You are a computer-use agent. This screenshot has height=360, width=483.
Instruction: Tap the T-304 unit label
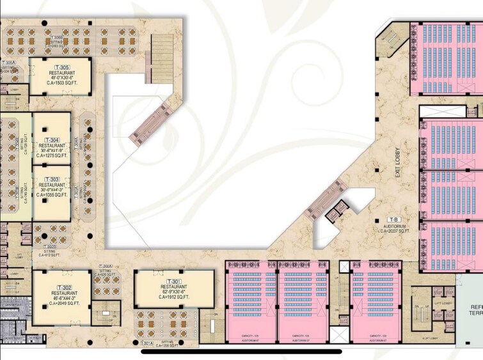(x=52, y=139)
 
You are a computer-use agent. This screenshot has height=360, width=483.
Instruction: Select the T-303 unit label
(x=52, y=179)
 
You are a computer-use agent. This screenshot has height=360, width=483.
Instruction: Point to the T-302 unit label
(x=63, y=287)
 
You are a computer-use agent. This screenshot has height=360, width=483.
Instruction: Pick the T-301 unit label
(x=174, y=282)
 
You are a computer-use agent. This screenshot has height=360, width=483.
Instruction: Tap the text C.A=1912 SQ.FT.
(x=174, y=300)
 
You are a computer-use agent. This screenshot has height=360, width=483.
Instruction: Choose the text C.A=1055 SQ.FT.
(x=52, y=195)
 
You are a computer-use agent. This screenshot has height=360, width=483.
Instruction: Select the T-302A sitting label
(x=107, y=267)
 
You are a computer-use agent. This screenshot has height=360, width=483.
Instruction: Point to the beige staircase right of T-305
(x=159, y=58)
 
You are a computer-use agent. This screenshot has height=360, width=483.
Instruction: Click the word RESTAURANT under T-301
(x=174, y=288)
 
